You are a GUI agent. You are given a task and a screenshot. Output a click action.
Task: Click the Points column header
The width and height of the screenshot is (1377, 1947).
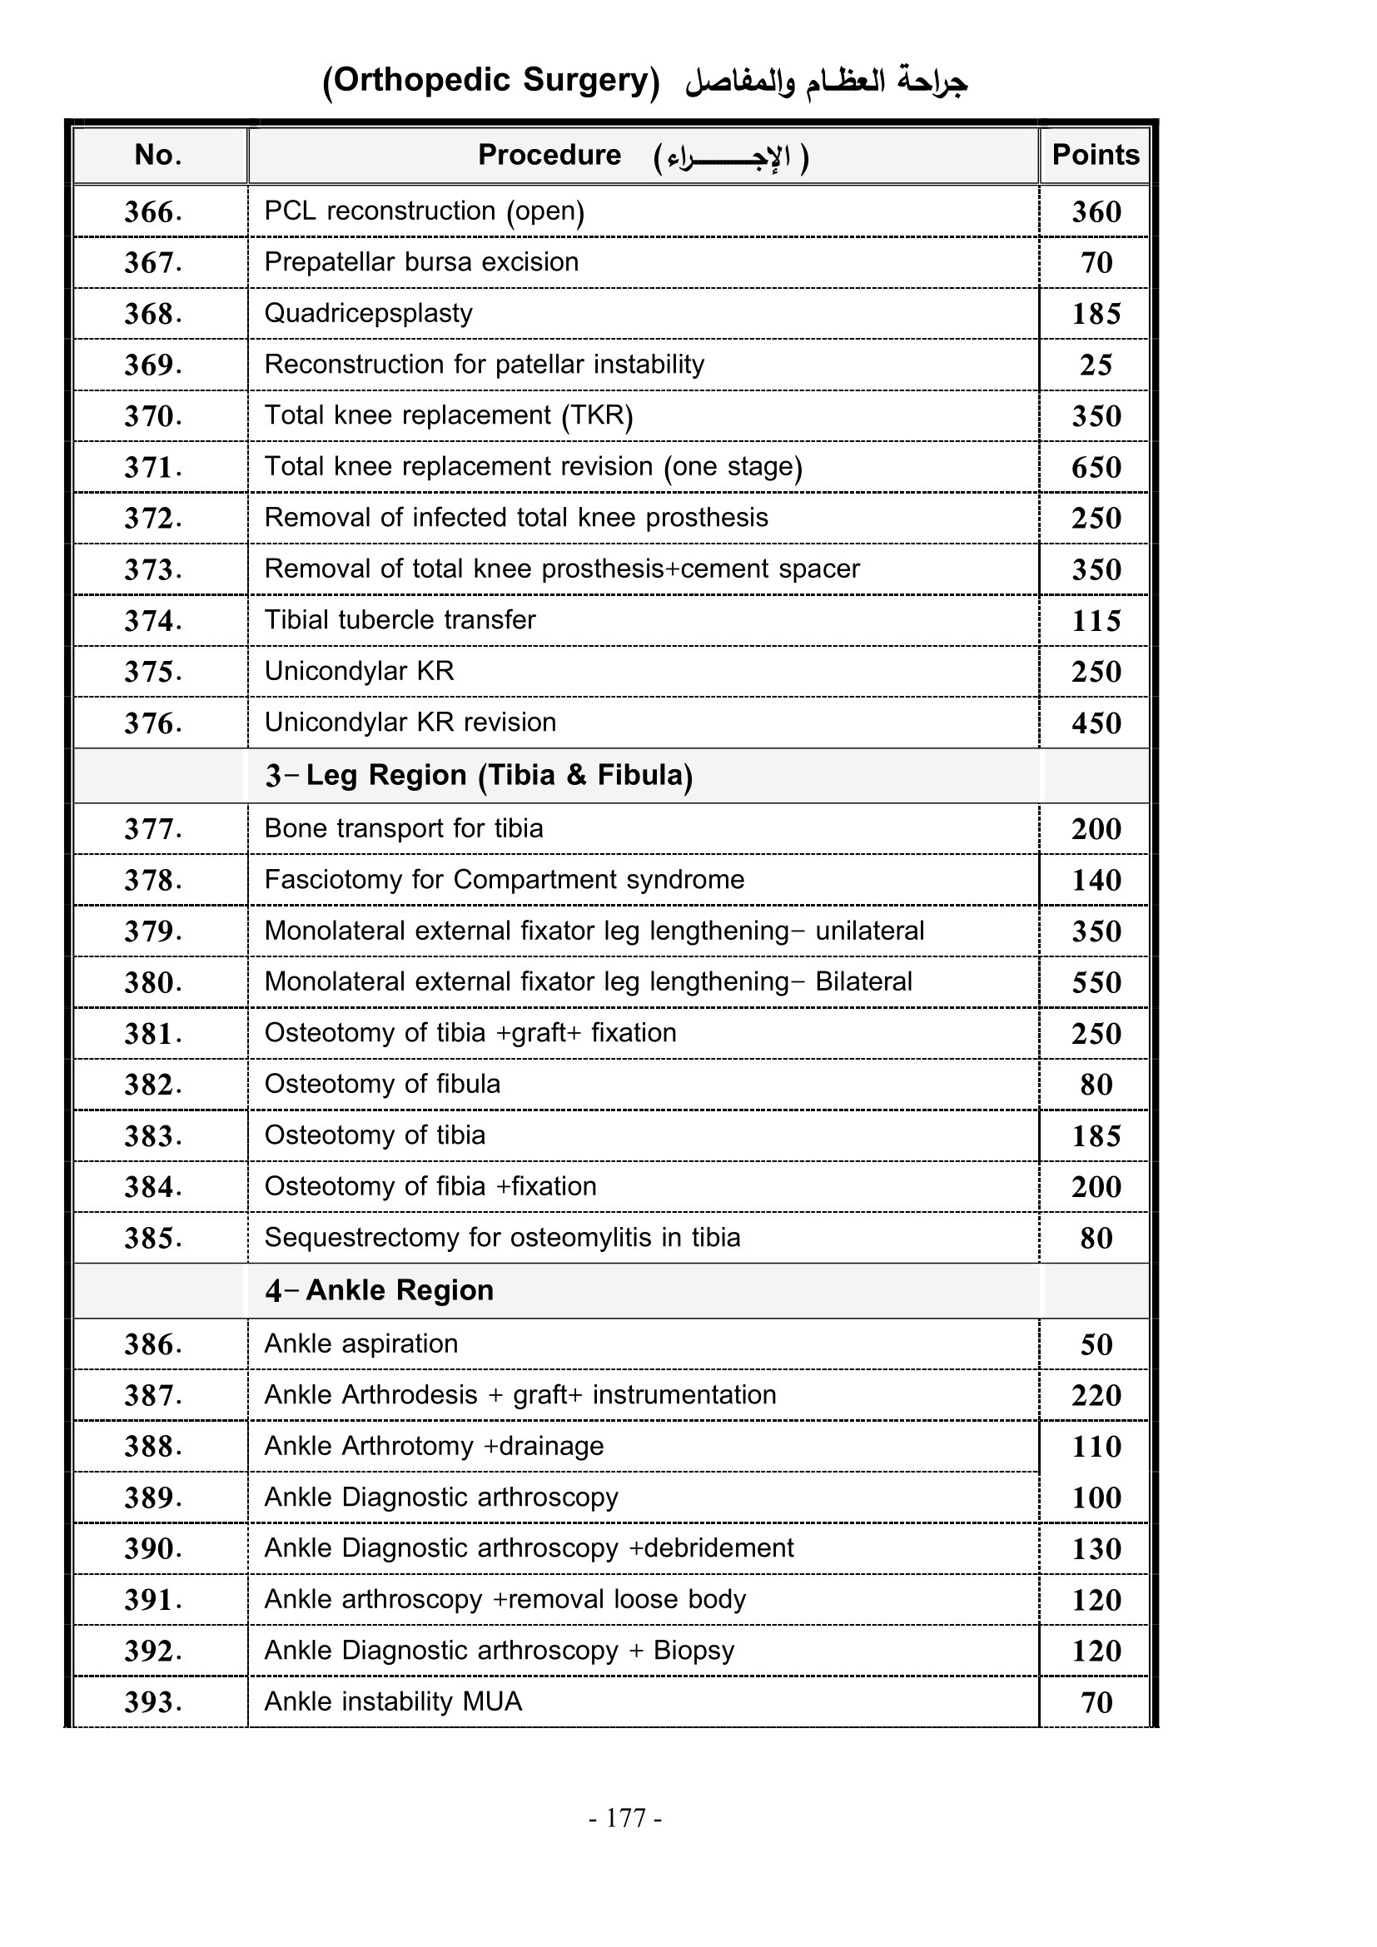tap(1095, 155)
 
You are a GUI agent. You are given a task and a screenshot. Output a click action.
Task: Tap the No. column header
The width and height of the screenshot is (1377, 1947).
tap(157, 155)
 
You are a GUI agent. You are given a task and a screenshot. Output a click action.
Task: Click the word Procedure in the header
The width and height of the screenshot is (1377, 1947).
tap(549, 155)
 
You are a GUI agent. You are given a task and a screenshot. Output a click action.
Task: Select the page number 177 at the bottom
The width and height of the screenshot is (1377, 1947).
tap(626, 1818)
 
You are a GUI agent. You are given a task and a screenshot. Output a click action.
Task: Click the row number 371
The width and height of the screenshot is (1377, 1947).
tap(152, 467)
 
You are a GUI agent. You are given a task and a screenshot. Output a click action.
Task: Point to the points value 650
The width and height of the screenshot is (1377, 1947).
tap(1096, 467)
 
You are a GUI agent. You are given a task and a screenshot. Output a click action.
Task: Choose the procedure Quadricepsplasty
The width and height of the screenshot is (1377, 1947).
tap(368, 314)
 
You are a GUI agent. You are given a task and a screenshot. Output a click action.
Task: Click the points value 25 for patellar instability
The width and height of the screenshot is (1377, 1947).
tap(1096, 365)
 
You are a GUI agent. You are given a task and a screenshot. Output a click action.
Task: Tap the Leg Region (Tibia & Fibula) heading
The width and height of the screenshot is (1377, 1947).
tap(479, 775)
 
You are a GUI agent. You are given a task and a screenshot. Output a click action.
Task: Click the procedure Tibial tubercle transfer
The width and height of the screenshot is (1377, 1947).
tap(400, 620)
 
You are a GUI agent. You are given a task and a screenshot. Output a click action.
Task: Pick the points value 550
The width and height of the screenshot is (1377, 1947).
tap(1096, 983)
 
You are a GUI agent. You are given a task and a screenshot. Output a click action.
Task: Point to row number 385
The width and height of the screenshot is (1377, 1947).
tap(152, 1239)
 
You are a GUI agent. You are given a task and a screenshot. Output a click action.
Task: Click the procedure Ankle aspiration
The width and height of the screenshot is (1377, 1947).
tap(360, 1344)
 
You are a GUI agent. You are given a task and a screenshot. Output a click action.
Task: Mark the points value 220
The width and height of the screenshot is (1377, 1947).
tap(1096, 1396)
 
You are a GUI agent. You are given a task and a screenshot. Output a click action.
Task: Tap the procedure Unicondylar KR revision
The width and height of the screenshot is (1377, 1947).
tap(410, 723)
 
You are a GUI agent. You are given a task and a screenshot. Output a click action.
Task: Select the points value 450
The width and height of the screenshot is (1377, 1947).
tap(1096, 723)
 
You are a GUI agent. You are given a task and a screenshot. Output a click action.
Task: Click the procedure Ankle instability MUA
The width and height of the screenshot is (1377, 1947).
tap(393, 1702)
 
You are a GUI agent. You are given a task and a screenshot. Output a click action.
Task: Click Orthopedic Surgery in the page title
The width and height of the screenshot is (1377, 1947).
tap(491, 81)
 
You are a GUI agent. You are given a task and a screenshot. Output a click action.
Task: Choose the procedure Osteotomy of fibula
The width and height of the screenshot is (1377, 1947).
tap(381, 1085)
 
